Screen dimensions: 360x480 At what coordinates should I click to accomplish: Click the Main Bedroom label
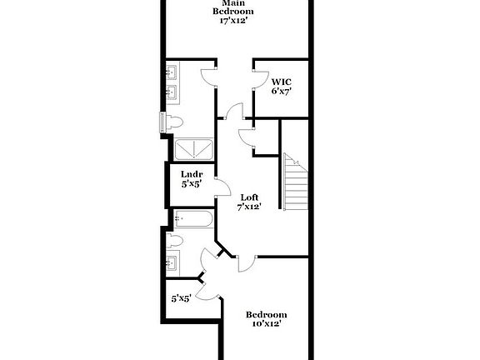[232, 7]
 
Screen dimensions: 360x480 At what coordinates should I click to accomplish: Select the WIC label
[281, 81]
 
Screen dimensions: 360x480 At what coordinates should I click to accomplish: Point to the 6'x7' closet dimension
[281, 91]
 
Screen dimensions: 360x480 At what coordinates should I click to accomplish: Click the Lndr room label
[192, 174]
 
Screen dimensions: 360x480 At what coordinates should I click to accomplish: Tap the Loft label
[249, 197]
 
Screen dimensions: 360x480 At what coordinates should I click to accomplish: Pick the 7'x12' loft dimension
[249, 207]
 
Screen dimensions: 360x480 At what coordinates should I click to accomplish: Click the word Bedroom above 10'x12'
[267, 314]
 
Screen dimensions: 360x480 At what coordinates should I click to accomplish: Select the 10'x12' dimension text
[267, 324]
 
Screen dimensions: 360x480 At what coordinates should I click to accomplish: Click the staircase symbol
[295, 182]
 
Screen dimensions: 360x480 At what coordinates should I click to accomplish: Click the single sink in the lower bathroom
[172, 265]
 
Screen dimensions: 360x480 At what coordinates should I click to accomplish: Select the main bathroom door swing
[208, 77]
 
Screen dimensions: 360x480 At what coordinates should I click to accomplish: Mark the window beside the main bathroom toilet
[162, 122]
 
